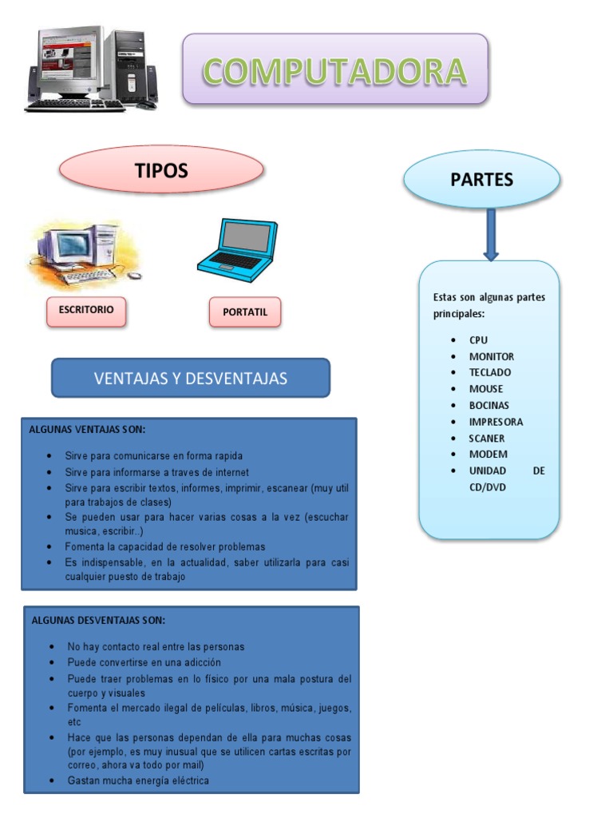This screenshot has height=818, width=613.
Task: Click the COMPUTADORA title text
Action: (x=334, y=71)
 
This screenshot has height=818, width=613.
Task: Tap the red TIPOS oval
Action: (x=161, y=170)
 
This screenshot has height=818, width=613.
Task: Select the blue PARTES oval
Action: (x=481, y=180)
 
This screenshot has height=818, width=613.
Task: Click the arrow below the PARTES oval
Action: (x=491, y=234)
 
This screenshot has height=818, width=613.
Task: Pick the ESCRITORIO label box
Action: (x=86, y=310)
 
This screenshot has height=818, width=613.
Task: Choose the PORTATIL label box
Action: (x=245, y=312)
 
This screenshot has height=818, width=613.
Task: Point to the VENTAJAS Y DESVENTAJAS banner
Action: (x=191, y=378)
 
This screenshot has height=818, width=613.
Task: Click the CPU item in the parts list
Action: (x=478, y=340)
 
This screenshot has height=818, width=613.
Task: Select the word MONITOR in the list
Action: (x=491, y=356)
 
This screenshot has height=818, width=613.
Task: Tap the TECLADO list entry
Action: (x=490, y=372)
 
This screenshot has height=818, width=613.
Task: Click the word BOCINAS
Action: (x=488, y=405)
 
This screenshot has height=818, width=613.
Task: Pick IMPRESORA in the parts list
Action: (x=496, y=422)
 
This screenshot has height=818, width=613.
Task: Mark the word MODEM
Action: (x=488, y=455)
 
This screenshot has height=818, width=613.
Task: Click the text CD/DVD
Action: (x=488, y=487)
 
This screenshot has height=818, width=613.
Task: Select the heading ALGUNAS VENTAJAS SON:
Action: (x=88, y=430)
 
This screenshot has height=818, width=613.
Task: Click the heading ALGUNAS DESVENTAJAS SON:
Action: (x=98, y=620)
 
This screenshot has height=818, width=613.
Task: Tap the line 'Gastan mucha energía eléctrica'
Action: (x=138, y=780)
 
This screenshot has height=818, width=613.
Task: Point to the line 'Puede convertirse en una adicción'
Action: (x=144, y=662)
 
